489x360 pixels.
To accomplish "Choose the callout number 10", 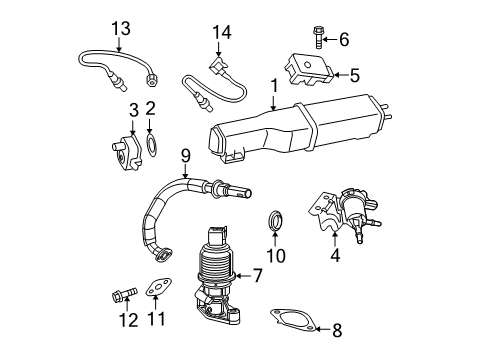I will click(x=276, y=256).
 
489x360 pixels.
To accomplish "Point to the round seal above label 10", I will click(x=276, y=221).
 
